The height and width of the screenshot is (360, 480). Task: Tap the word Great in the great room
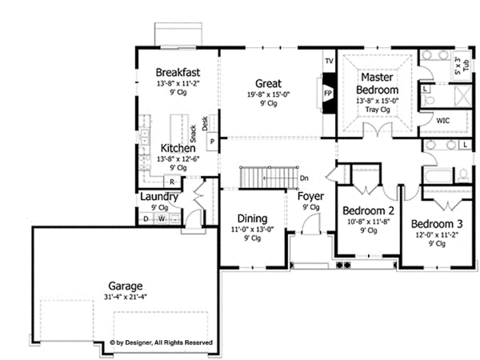point(266,83)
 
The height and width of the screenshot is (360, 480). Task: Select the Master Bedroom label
point(376,84)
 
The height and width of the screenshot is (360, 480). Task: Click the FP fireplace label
point(327,93)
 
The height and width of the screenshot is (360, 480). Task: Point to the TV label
point(328,62)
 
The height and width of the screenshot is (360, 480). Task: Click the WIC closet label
point(443,120)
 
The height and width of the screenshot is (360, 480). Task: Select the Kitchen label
point(177,149)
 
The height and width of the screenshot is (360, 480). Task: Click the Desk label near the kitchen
point(205,123)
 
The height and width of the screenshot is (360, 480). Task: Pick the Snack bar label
point(194,133)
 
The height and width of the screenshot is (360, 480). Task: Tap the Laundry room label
point(158,197)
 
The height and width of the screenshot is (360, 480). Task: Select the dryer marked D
point(146,218)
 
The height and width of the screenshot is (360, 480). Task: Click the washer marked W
point(161,218)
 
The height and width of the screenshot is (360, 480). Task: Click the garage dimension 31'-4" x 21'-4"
point(126,297)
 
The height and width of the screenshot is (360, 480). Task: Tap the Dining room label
point(252,218)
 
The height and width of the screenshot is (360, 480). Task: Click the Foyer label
point(310,197)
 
